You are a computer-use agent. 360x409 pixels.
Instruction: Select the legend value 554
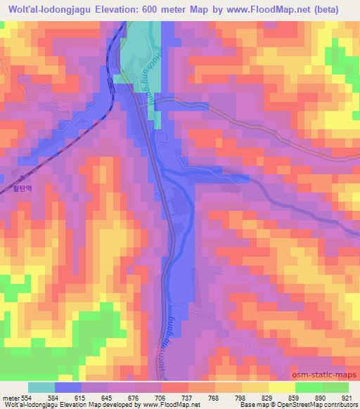click(25, 398)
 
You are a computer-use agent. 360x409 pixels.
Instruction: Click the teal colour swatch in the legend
click(41, 387)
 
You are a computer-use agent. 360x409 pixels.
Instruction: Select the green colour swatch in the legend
click(321, 387)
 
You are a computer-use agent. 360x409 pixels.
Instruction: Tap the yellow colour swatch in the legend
click(281, 387)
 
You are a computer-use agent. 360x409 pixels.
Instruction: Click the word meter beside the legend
click(10, 398)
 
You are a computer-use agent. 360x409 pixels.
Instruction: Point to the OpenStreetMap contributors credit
click(319, 405)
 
